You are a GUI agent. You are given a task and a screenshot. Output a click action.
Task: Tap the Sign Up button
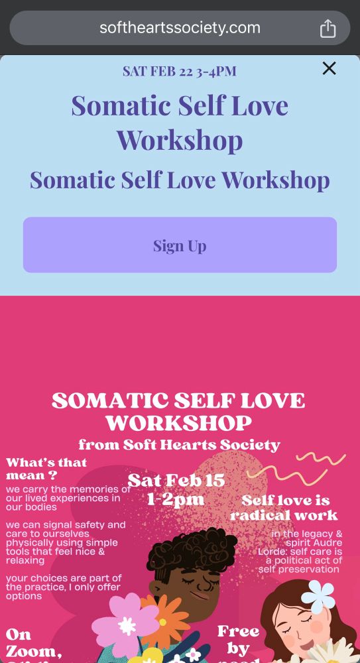(x=180, y=245)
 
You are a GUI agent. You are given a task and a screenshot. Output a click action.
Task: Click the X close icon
(x=329, y=68)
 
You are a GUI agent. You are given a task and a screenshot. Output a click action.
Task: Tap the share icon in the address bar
(x=328, y=29)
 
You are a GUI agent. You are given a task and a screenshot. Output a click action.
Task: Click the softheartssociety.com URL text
(x=180, y=28)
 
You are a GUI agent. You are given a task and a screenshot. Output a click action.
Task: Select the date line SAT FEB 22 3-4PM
(x=180, y=72)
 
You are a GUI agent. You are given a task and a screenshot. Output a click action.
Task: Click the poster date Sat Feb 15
(x=176, y=480)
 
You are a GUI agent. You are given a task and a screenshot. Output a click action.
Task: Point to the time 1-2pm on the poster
(x=176, y=499)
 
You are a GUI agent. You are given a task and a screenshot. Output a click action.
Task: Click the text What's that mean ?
(x=46, y=469)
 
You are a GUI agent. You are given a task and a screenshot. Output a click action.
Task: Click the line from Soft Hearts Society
(x=179, y=445)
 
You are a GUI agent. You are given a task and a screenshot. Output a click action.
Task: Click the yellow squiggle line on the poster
(x=298, y=467)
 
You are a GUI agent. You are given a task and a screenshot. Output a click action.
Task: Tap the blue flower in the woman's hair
(x=318, y=595)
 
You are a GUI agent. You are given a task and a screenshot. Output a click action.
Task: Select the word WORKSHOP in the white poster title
(x=179, y=423)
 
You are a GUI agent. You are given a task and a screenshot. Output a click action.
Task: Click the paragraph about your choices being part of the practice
(x=63, y=587)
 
